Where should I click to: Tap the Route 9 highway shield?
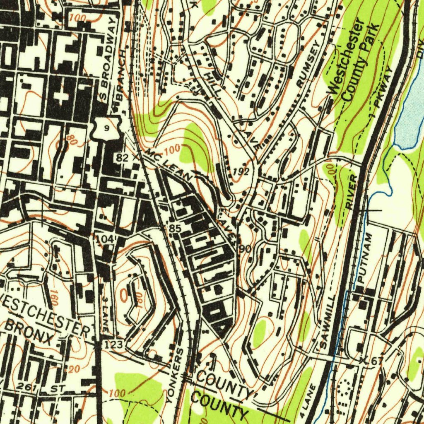(107, 129)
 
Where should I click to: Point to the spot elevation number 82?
(122, 157)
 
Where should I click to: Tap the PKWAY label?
(383, 87)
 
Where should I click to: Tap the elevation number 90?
(244, 248)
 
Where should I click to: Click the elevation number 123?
(113, 344)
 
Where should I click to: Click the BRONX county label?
(29, 333)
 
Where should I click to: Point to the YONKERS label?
(175, 376)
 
